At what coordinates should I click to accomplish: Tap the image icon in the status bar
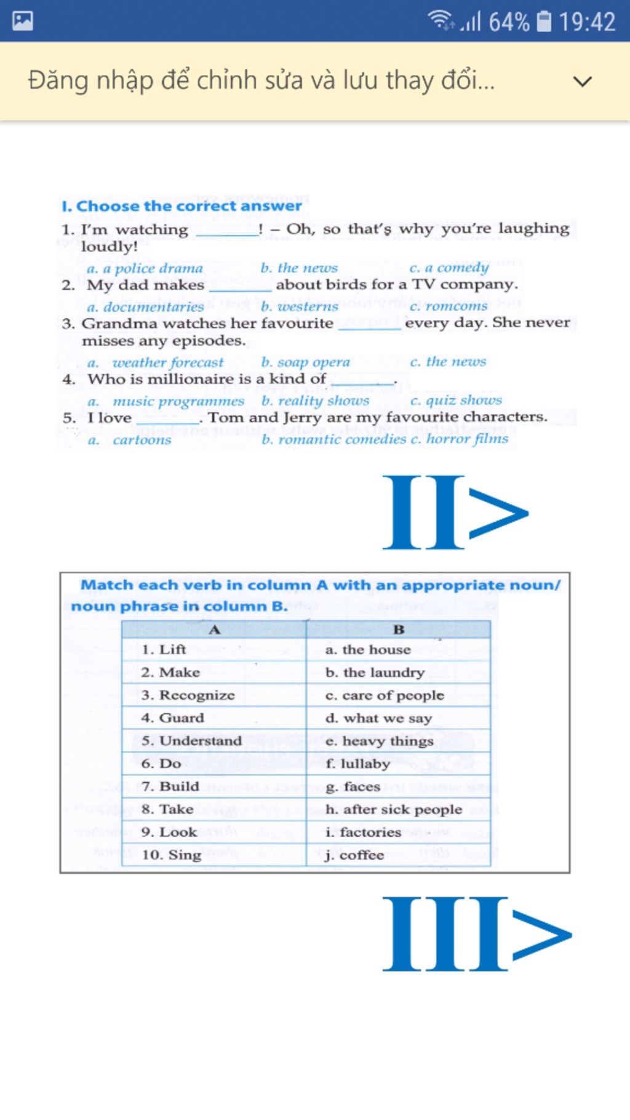pyautogui.click(x=22, y=21)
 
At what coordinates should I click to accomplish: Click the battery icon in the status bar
pyautogui.click(x=544, y=22)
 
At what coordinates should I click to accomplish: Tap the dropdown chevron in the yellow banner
pyautogui.click(x=582, y=81)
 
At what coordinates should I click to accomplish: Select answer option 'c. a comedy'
pyautogui.click(x=449, y=268)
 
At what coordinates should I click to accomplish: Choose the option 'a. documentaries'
pyautogui.click(x=145, y=306)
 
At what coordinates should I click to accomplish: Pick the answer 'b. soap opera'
pyautogui.click(x=305, y=362)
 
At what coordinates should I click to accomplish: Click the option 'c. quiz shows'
pyautogui.click(x=456, y=401)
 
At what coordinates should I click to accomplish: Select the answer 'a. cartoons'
pyautogui.click(x=130, y=440)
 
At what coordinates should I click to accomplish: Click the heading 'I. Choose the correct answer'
pyautogui.click(x=181, y=206)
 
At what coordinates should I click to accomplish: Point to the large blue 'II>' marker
pyautogui.click(x=455, y=512)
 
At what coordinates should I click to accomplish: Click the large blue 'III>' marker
pyautogui.click(x=477, y=934)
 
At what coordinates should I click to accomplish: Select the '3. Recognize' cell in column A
pyautogui.click(x=188, y=695)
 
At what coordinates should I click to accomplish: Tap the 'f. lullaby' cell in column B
pyautogui.click(x=357, y=764)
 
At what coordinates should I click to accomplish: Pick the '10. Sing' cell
pyautogui.click(x=171, y=855)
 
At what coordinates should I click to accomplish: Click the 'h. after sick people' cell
pyautogui.click(x=393, y=809)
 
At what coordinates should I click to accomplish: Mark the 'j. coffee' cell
pyautogui.click(x=354, y=855)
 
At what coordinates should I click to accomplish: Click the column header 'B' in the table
pyautogui.click(x=398, y=629)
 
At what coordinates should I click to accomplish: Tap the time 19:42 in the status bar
pyautogui.click(x=587, y=22)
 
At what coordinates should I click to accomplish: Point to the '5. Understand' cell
pyautogui.click(x=191, y=741)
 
